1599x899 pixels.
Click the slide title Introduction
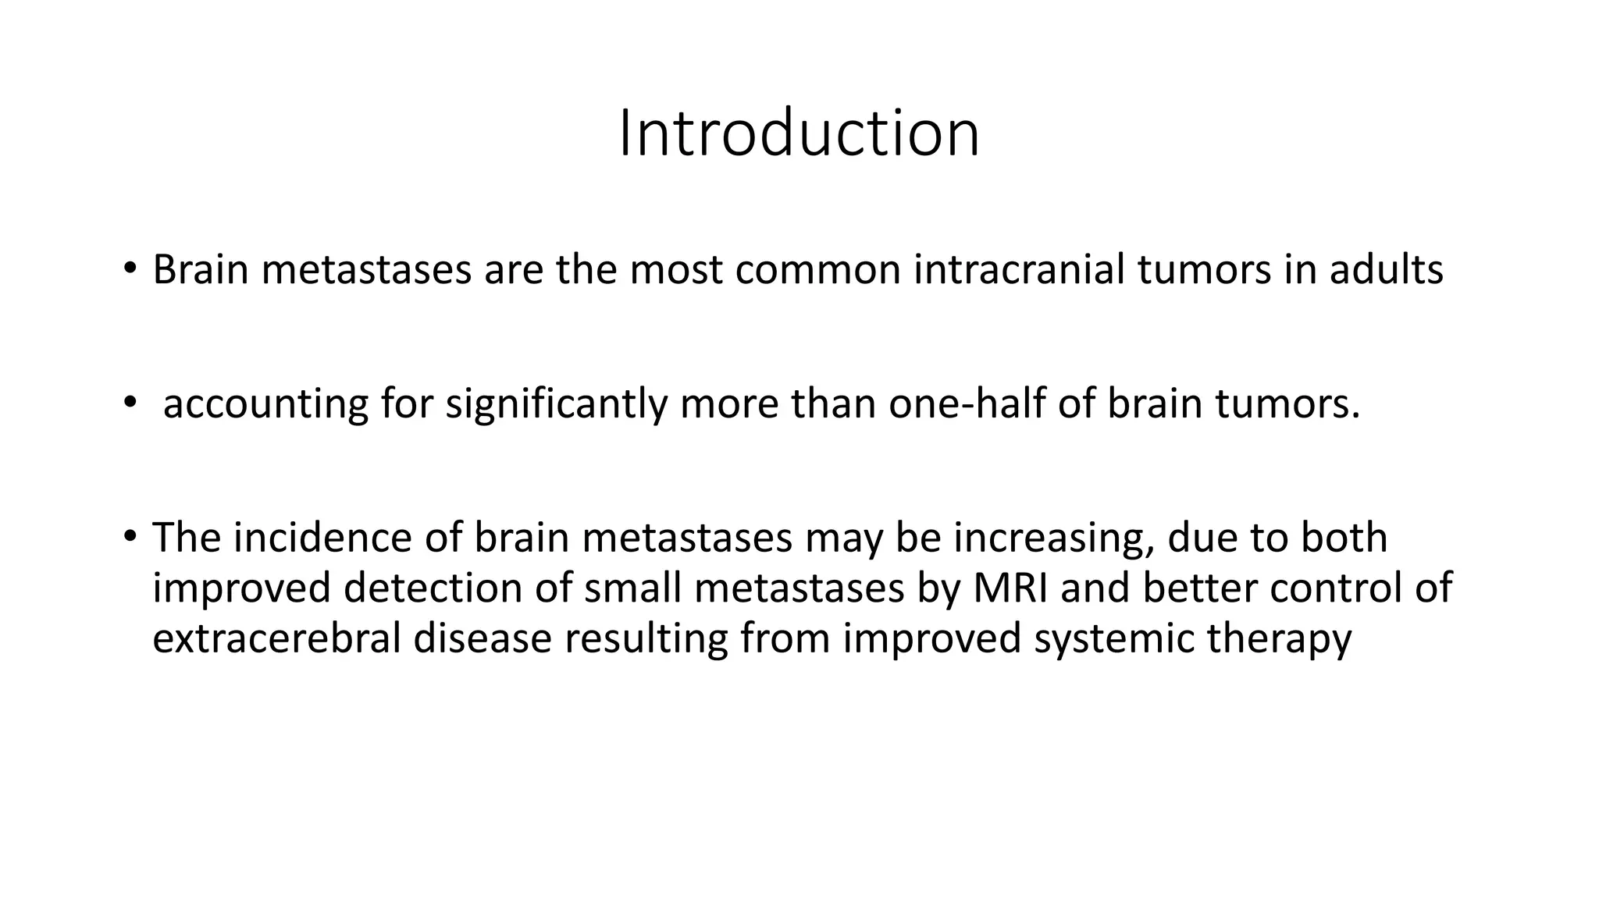[x=799, y=134]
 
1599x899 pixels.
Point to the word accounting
[x=265, y=405]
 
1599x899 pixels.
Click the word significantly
[x=556, y=405]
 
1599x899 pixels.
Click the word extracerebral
[x=276, y=638]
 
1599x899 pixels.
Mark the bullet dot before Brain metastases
[x=130, y=270]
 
